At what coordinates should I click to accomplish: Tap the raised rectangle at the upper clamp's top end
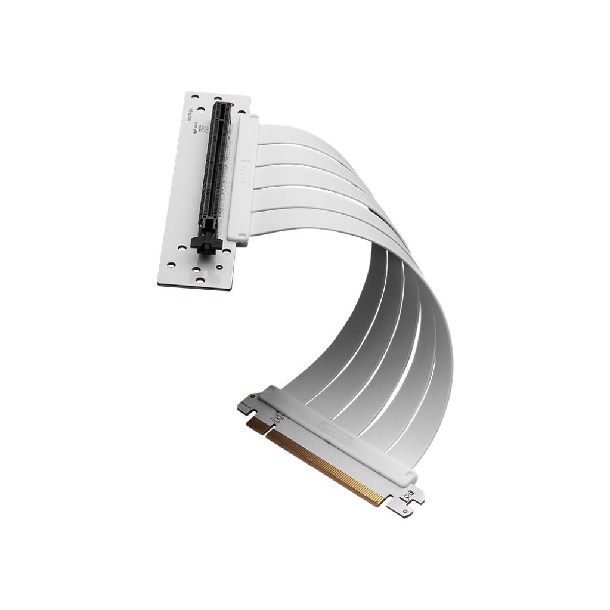point(249,119)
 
